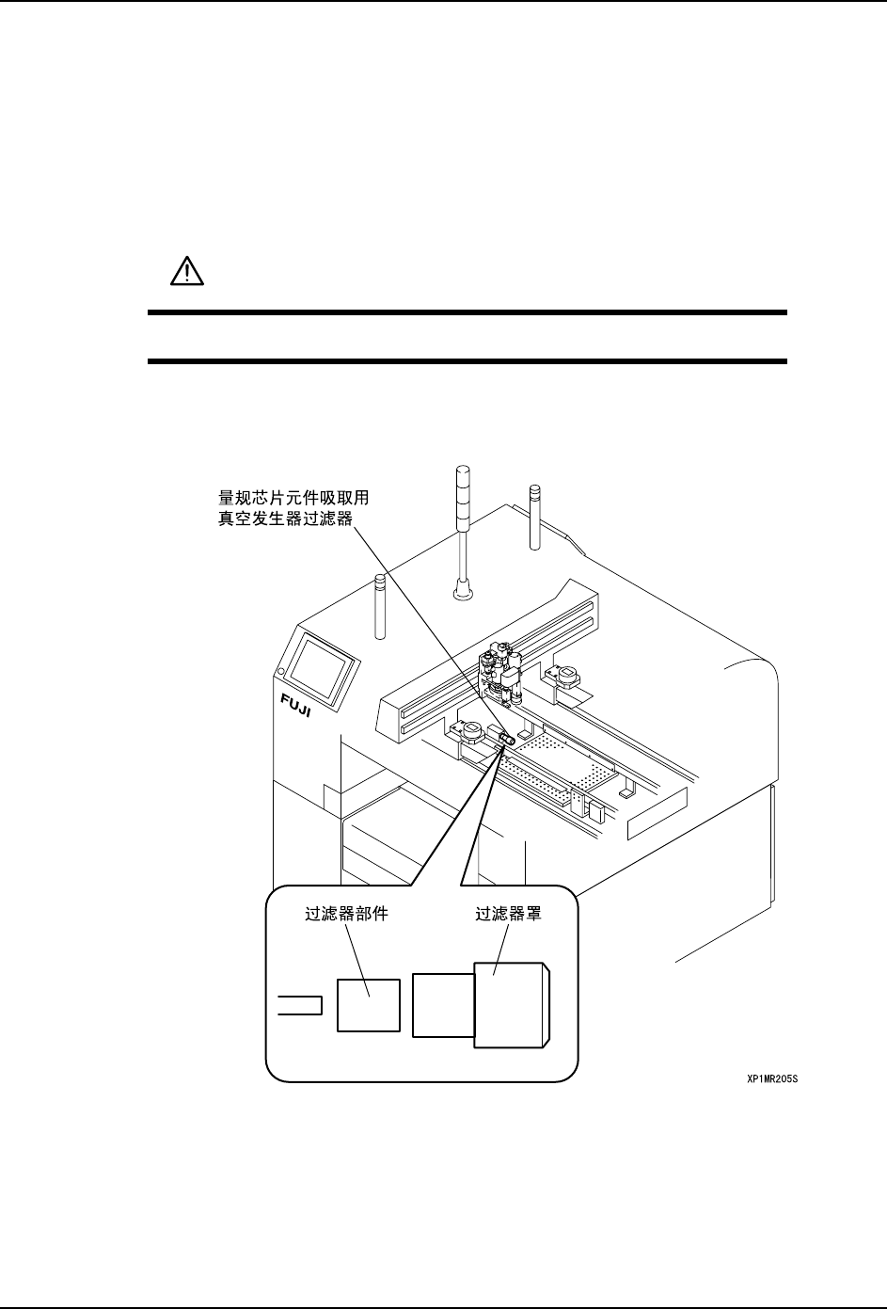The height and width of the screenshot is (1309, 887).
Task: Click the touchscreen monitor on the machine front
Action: tap(322, 667)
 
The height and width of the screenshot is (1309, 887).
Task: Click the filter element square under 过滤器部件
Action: tap(369, 1005)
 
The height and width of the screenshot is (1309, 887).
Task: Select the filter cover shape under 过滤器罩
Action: tap(511, 1005)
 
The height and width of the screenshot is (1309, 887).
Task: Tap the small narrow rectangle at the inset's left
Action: tap(301, 1005)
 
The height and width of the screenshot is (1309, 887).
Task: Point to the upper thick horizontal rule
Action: tap(467, 312)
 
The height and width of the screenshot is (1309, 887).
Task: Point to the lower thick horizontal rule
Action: tap(467, 360)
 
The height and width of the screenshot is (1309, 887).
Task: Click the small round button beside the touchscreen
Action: tap(280, 670)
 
